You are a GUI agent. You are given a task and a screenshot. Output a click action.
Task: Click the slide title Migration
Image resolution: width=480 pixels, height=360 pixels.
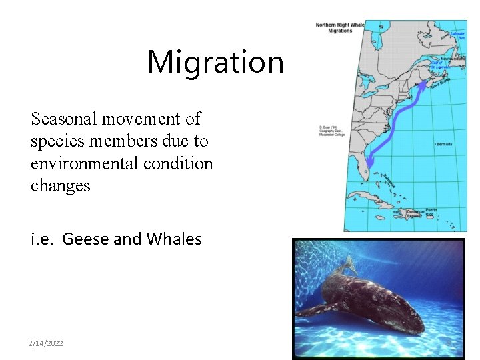215,62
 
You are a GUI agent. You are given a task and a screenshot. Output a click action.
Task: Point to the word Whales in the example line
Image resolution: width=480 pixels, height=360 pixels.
172,239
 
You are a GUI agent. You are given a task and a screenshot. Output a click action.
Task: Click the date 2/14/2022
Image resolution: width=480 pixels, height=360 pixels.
45,343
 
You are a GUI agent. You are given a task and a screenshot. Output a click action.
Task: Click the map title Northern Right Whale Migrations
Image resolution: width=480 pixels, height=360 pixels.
339,27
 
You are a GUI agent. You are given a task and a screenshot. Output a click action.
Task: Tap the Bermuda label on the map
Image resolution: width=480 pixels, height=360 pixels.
444,143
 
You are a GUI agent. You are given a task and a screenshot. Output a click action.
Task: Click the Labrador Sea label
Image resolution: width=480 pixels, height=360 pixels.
457,34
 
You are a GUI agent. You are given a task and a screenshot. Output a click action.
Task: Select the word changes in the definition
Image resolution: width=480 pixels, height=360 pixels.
60,185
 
